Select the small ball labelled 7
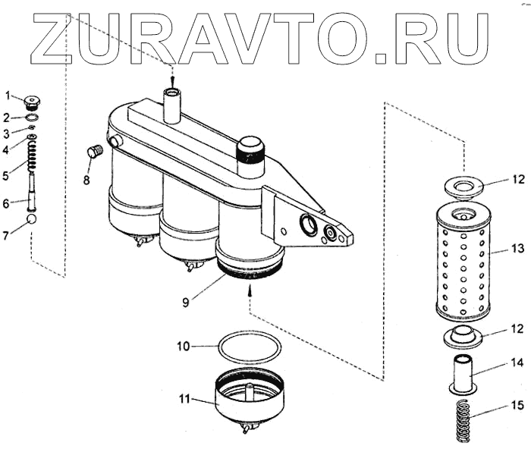tap(32, 219)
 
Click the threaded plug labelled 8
tap(95, 152)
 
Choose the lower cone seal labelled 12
tap(463, 336)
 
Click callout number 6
tap(7, 202)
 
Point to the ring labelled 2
tap(32, 118)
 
